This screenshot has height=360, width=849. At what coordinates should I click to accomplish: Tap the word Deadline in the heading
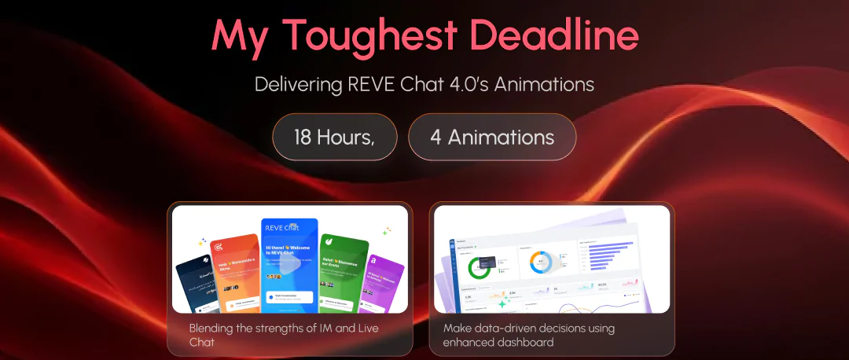point(551,36)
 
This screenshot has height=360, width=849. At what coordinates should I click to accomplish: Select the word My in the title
point(239,36)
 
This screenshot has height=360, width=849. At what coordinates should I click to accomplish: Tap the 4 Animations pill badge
point(492,137)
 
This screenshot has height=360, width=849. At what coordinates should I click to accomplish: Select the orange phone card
point(235,267)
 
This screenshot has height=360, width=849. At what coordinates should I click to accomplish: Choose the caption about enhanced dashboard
point(528,335)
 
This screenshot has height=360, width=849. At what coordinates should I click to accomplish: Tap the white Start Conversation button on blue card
point(289,296)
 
